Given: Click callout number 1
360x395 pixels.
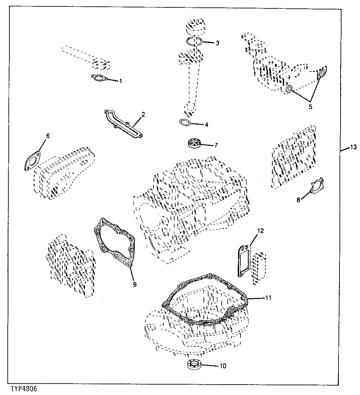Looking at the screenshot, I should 121,81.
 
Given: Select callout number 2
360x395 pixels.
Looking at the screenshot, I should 143,115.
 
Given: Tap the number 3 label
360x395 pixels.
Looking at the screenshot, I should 217,43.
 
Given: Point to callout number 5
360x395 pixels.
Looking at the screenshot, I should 310,107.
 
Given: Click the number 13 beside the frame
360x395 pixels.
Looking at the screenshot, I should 353,147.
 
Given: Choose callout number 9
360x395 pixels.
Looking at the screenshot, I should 134,284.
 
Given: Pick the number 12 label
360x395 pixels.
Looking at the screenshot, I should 261,231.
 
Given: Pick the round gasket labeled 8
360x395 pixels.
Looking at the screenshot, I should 317,186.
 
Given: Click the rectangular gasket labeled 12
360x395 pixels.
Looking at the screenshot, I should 244,261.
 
